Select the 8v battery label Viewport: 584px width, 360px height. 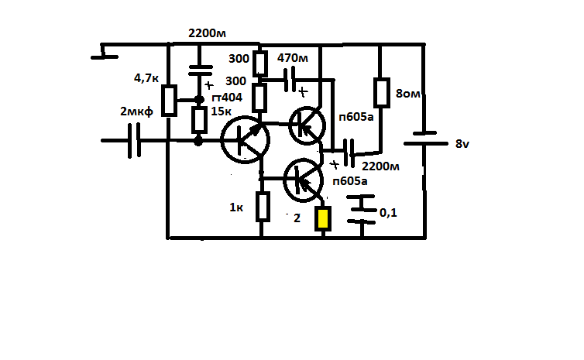[x=462, y=144]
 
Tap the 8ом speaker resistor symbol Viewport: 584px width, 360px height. [x=380, y=93]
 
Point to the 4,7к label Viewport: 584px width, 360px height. [x=146, y=78]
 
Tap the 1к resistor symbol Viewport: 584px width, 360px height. [x=263, y=207]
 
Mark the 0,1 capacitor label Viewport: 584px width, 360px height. [x=387, y=212]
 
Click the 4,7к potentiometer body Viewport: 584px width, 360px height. [x=170, y=100]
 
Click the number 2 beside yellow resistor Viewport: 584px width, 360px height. [x=296, y=218]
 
